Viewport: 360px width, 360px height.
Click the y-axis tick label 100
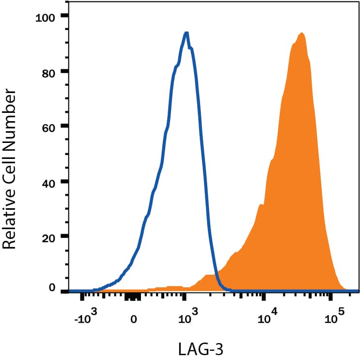(46, 18)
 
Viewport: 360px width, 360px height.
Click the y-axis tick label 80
(49, 72)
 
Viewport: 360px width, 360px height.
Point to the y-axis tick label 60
(49, 127)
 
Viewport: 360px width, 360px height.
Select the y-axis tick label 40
(49, 182)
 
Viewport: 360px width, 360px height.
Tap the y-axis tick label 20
(49, 237)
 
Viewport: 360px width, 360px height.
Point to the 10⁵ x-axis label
(333, 317)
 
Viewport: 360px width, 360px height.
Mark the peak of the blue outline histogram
(186, 33)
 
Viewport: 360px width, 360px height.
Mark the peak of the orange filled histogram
(302, 33)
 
